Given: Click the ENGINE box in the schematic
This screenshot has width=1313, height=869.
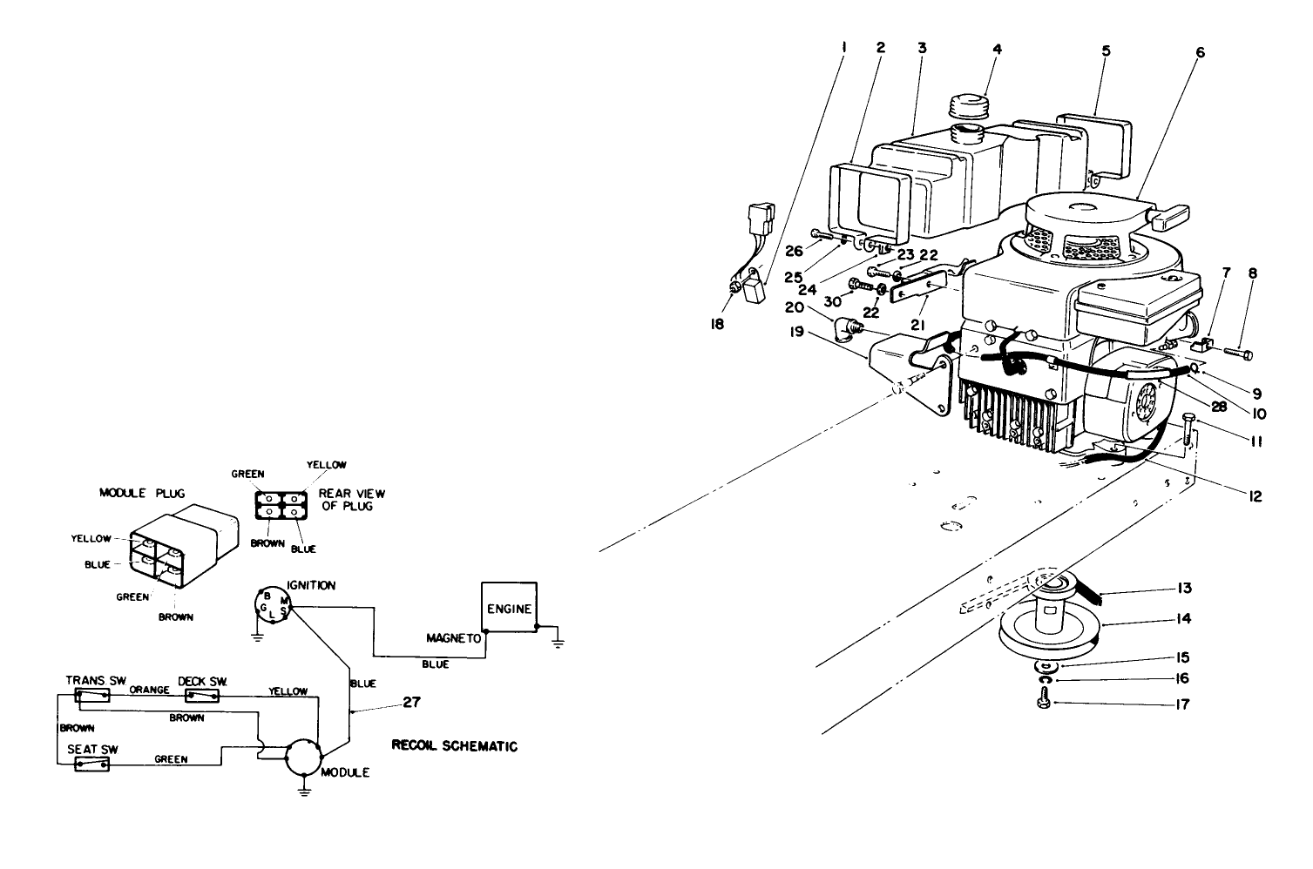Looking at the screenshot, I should click(510, 609).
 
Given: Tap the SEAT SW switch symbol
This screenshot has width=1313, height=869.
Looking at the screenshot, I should click(92, 765).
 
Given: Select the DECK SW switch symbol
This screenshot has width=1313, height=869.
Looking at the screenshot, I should click(202, 696).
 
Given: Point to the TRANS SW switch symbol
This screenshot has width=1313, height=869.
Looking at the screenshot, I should click(92, 695).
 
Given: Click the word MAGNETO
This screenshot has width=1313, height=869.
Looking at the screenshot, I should click(453, 638).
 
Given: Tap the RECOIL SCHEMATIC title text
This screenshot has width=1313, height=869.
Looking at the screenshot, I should click(455, 746).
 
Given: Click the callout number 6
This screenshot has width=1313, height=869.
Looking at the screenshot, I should click(1200, 53).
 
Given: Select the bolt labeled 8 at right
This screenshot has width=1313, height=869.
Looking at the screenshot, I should click(1240, 354).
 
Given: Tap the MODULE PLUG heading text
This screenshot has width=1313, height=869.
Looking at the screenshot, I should click(135, 493).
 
